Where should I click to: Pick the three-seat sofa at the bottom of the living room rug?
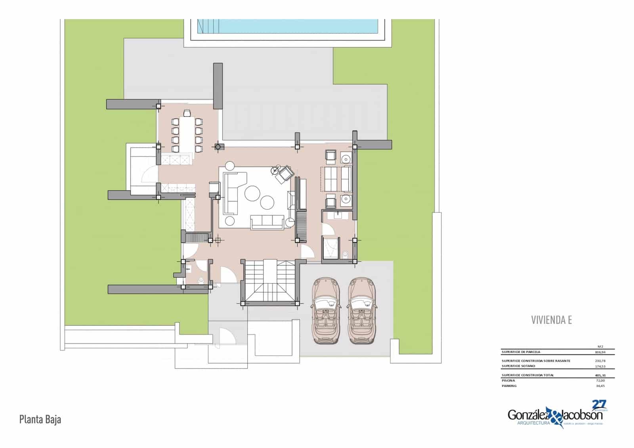(x=267, y=222)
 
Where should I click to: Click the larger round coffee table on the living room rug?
(x=252, y=193)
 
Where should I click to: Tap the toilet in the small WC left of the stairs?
(x=201, y=280)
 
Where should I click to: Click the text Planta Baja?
(x=40, y=419)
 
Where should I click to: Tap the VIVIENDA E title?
(x=551, y=320)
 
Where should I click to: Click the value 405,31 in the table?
(x=600, y=375)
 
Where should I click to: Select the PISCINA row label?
(x=508, y=380)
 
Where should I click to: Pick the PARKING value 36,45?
(x=600, y=386)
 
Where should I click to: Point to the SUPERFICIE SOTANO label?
(x=519, y=366)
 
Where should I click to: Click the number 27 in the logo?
(x=599, y=404)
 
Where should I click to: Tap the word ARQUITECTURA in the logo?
(x=534, y=423)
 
